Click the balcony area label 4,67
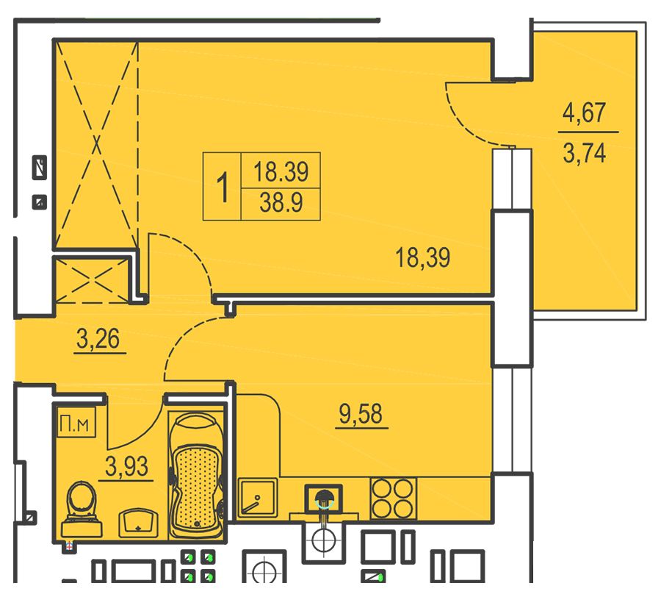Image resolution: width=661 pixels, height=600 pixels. click(x=585, y=113)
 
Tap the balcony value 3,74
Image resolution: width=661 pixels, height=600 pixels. click(x=585, y=153)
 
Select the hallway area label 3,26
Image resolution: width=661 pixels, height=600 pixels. click(x=98, y=338)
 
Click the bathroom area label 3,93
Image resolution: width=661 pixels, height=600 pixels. click(x=126, y=467)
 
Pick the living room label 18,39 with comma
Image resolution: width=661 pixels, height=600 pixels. click(x=423, y=257)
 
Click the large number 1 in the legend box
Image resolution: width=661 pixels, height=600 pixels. click(x=222, y=187)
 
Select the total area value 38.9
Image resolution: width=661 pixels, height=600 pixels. click(x=281, y=202)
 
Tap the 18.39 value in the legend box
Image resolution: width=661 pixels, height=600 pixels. click(x=281, y=172)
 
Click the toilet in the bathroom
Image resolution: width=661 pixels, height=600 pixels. click(x=82, y=510)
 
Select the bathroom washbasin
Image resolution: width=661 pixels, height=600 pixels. click(x=139, y=523)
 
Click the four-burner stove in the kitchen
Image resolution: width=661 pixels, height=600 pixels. click(x=393, y=499)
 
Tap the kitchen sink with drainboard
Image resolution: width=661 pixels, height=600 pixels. click(x=258, y=498)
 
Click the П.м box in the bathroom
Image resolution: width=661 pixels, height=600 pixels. click(x=76, y=423)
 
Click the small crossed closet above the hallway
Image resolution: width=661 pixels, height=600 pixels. click(x=92, y=281)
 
